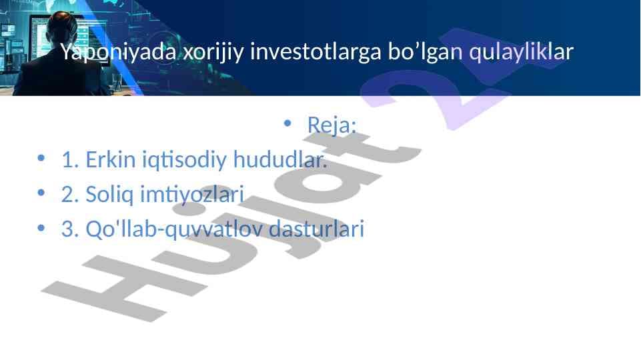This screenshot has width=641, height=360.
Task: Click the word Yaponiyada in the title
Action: click(119, 52)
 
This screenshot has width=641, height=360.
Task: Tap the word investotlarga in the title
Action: click(315, 51)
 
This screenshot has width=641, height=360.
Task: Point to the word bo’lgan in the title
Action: click(425, 51)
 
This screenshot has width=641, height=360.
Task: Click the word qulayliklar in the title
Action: click(521, 52)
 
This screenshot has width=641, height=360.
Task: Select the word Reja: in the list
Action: click(332, 125)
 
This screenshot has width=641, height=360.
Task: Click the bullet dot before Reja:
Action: click(287, 123)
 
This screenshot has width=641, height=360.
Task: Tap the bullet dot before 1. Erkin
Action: click(41, 158)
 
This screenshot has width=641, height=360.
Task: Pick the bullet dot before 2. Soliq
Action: click(41, 193)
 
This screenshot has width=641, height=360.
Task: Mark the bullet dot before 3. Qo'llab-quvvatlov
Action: click(41, 227)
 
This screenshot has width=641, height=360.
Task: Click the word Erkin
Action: click(110, 159)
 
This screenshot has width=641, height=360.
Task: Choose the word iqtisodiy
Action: click(184, 160)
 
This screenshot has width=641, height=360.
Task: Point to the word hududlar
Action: click(280, 159)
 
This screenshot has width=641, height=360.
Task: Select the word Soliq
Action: click(109, 195)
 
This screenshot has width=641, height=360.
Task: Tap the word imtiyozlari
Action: click(192, 195)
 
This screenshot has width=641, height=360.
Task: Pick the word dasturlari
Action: click(316, 229)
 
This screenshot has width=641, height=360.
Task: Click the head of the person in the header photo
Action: click(61, 29)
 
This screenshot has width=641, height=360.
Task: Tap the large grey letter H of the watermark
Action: click(125, 289)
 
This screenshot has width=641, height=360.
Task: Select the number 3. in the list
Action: click(70, 229)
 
